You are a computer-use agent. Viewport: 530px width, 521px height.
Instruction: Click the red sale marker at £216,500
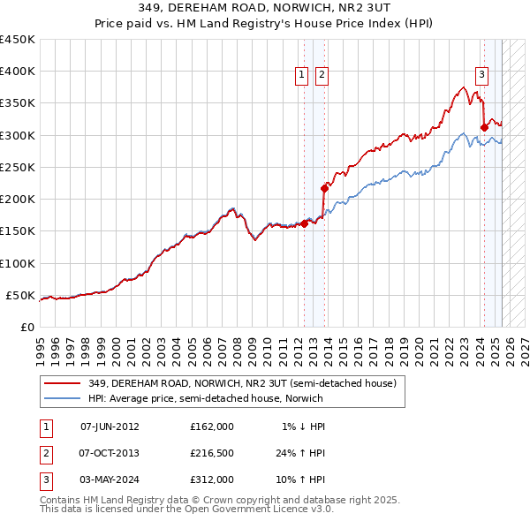(324, 188)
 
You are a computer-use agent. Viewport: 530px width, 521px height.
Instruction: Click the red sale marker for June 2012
(304, 223)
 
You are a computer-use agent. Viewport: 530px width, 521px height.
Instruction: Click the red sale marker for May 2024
(484, 127)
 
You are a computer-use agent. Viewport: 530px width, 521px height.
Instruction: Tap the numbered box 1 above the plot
(302, 76)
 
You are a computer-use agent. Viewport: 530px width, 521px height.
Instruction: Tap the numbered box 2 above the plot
(321, 76)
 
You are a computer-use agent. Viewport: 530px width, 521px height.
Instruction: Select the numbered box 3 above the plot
(482, 76)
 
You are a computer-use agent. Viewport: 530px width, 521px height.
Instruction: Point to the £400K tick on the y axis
(18, 72)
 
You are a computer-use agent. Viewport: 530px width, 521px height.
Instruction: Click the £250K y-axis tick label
(18, 167)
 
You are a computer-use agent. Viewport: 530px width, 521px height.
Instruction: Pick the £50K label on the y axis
(21, 295)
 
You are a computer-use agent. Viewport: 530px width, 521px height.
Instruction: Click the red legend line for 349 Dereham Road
(63, 383)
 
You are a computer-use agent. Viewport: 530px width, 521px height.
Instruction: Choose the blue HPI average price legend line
(63, 398)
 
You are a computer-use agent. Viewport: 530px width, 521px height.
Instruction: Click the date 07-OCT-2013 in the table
(110, 453)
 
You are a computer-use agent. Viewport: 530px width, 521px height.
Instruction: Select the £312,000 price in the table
(212, 479)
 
